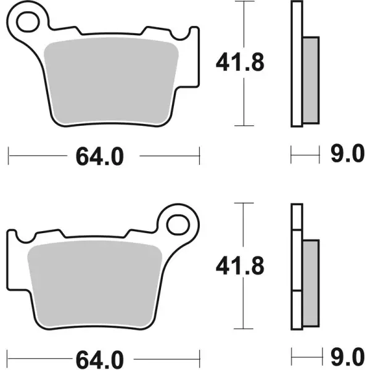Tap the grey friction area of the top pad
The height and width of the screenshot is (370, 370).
click(112, 79)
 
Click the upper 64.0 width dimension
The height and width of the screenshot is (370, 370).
click(100, 156)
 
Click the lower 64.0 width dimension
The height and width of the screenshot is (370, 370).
click(100, 358)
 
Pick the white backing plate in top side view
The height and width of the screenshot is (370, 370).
click(298, 65)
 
